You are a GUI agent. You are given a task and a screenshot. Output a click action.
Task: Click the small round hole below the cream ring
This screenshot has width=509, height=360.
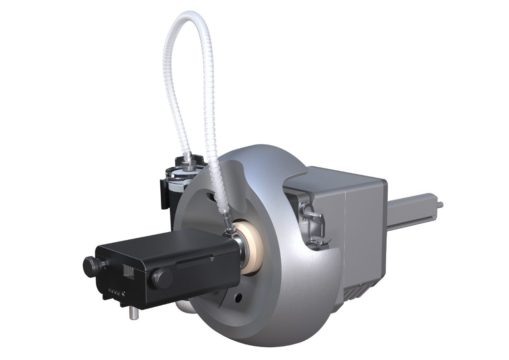[x=238, y=296]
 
